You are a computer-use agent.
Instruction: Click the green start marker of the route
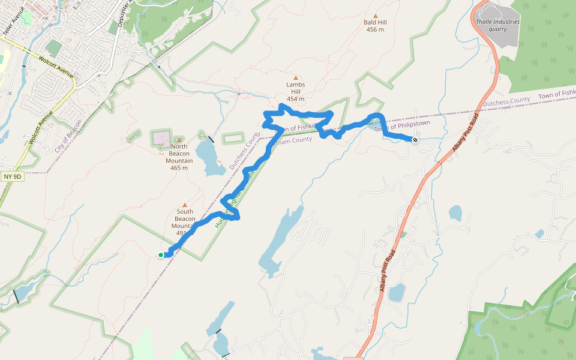161,255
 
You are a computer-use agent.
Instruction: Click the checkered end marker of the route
415,140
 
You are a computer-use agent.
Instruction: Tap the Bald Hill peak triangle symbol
376,16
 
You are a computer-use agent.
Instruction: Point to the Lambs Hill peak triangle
295,77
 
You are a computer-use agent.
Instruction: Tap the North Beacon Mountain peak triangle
178,140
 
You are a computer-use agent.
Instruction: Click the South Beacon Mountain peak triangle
184,205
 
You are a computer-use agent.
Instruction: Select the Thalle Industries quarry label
497,25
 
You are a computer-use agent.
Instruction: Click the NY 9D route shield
13,176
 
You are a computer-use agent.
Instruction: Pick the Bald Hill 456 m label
374,26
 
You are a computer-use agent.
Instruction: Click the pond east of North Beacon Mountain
209,157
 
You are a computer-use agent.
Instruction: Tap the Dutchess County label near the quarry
506,103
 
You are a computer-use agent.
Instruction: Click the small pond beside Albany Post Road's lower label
396,293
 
